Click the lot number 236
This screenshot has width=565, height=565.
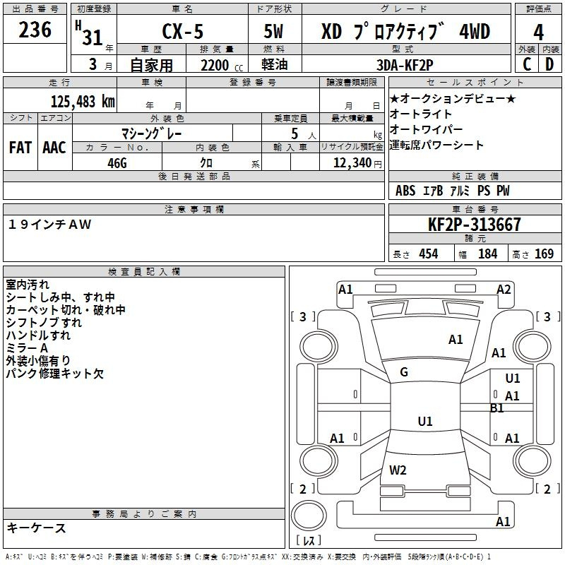click(x=35, y=30)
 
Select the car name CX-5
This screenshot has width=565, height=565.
click(x=182, y=32)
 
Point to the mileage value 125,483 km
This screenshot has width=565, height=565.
click(x=83, y=101)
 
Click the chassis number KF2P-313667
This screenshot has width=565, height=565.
click(x=475, y=225)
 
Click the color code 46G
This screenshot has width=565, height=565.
click(x=117, y=162)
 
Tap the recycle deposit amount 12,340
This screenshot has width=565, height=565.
click(x=351, y=162)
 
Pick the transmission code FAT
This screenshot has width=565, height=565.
click(x=20, y=148)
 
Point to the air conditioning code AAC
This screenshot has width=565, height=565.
click(x=54, y=148)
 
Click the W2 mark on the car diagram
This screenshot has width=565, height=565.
click(x=398, y=470)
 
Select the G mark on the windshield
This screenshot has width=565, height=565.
click(x=404, y=372)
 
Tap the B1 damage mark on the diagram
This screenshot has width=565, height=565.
click(x=497, y=408)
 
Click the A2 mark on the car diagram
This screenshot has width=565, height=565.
click(x=504, y=289)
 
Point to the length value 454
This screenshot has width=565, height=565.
click(x=428, y=254)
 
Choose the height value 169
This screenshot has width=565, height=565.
click(x=545, y=254)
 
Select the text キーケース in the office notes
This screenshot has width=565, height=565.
click(x=37, y=528)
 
